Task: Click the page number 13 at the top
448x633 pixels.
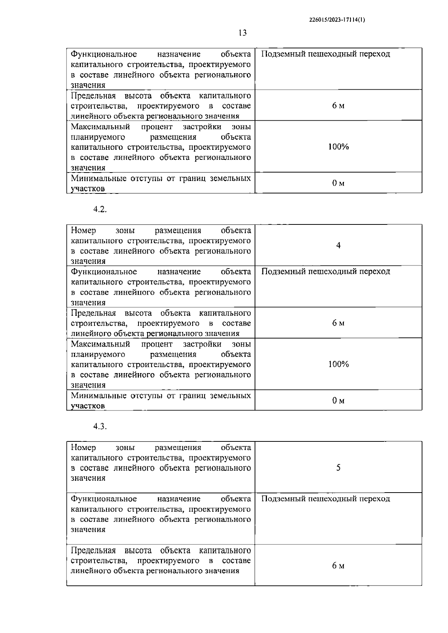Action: [242, 33]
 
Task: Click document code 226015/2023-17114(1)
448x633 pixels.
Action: [337, 21]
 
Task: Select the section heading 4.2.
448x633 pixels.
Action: [100, 210]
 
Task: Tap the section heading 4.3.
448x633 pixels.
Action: [100, 426]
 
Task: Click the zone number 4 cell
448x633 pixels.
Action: [338, 245]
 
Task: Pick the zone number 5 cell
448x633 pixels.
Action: [338, 468]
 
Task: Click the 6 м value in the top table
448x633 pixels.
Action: [338, 106]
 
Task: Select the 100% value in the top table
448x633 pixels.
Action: [338, 147]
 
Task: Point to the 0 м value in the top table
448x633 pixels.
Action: [338, 183]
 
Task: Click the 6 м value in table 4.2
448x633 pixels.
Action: [338, 323]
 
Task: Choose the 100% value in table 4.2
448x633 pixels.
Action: [338, 364]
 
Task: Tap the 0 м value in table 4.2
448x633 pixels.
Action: [338, 401]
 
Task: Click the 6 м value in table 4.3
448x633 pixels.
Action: [338, 566]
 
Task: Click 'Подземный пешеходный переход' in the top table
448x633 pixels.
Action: [326, 54]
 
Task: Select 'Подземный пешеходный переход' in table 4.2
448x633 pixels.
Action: [326, 271]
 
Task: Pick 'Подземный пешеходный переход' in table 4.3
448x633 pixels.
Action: [326, 499]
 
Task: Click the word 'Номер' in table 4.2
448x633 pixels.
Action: [83, 230]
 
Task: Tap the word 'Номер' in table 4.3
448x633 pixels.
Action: [83, 447]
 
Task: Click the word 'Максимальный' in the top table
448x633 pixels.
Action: [100, 127]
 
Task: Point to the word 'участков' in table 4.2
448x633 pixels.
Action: [88, 406]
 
